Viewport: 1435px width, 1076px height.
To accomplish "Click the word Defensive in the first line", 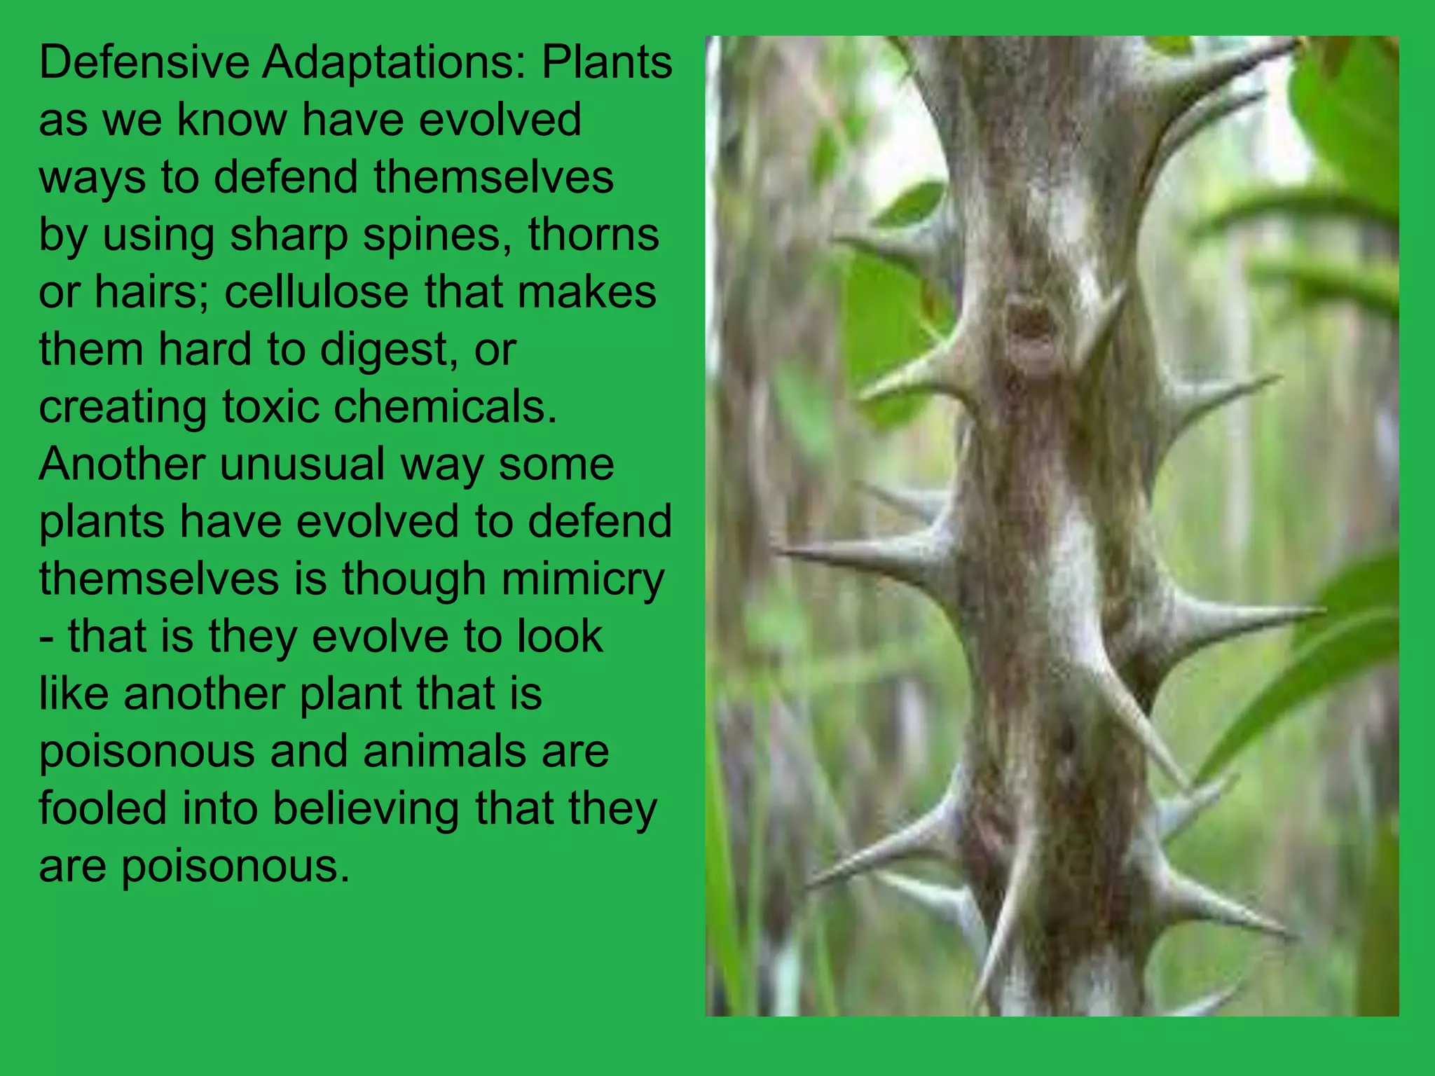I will point(144,62).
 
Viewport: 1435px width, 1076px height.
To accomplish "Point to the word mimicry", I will point(583,580).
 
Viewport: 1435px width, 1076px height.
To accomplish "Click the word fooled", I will point(102,808).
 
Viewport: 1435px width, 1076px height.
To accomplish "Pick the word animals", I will point(444,751).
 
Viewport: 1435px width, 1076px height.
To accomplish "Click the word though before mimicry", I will point(413,580).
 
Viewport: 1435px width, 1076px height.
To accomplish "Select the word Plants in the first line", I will point(607,62).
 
